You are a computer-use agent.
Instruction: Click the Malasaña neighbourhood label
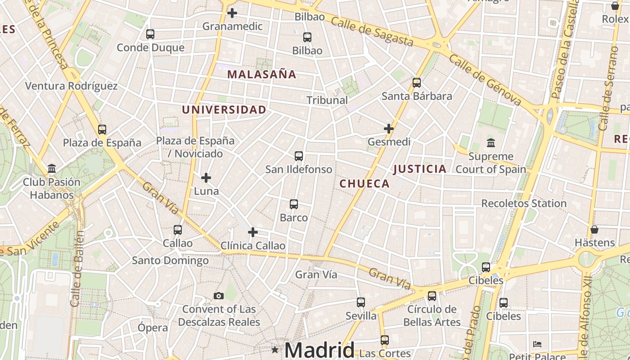coord(261,74)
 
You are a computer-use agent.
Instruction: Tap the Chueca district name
coord(364,184)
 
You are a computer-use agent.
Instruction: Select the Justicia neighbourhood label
coord(420,169)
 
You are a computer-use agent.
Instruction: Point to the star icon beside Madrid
coord(275,350)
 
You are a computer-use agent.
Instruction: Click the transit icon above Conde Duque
coord(150,34)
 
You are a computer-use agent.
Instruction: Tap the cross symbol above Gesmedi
coord(389,129)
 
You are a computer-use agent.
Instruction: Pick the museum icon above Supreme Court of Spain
coord(491,143)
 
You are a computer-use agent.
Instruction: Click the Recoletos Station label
coord(524,203)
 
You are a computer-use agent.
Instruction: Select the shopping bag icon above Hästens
coord(594,229)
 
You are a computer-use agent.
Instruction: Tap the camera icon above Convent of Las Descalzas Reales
coord(219,296)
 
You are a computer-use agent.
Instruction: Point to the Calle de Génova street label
coord(485,81)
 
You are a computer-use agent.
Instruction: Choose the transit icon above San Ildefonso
coord(299,156)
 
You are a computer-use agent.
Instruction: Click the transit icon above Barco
coord(294,204)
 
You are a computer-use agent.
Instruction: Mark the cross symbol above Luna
coord(206,178)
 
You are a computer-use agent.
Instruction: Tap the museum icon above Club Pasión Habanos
coord(52,169)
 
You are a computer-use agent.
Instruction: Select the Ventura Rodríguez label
coord(71,86)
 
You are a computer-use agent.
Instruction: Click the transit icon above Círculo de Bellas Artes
coord(432,296)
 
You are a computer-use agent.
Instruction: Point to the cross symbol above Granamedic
coord(232,13)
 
